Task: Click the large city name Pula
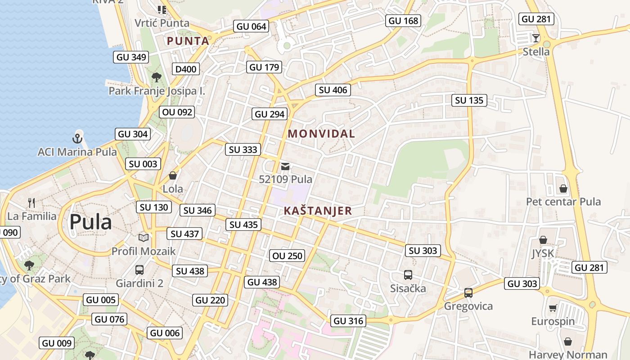pos(90,222)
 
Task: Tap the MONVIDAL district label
pos(321,134)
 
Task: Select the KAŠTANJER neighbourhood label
pos(318,211)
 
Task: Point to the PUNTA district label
pos(188,41)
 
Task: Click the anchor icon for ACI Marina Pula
pos(77,138)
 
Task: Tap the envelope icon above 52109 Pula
pos(285,166)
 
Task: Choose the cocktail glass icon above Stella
pos(535,38)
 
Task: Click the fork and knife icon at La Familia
pos(31,202)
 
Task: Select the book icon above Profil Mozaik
pos(143,238)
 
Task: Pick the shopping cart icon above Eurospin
pos(553,308)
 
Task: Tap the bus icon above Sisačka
pos(408,274)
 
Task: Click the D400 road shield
pos(186,69)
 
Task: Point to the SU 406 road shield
pos(333,90)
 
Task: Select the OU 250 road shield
pos(288,256)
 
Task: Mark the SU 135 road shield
pos(469,100)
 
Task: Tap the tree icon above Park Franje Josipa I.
pos(157,77)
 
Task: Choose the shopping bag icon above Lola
pos(173,175)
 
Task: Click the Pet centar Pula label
pos(563,202)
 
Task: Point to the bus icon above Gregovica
pos(468,293)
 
